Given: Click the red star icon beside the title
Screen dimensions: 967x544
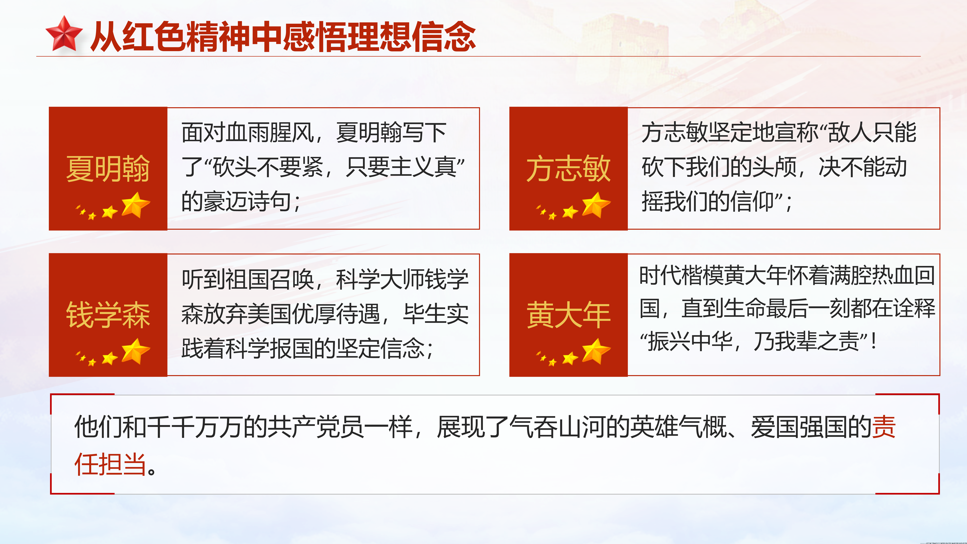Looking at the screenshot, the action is pyautogui.click(x=64, y=34).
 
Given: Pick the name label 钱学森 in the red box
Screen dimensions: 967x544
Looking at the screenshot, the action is pyautogui.click(x=108, y=315).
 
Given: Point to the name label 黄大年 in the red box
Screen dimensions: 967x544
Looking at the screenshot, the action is pyautogui.click(x=568, y=315).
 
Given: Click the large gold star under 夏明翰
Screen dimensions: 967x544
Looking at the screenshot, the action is pyautogui.click(x=136, y=205).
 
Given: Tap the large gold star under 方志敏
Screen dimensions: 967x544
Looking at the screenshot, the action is pyautogui.click(x=596, y=205).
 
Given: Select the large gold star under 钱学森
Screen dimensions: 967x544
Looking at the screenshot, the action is pyautogui.click(x=136, y=351).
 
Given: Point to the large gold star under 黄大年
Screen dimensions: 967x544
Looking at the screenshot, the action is pyautogui.click(x=596, y=351).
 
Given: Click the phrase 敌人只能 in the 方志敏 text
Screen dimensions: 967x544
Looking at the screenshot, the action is pyautogui.click(x=872, y=132).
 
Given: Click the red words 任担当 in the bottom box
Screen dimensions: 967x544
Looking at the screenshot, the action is pyautogui.click(x=110, y=464).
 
